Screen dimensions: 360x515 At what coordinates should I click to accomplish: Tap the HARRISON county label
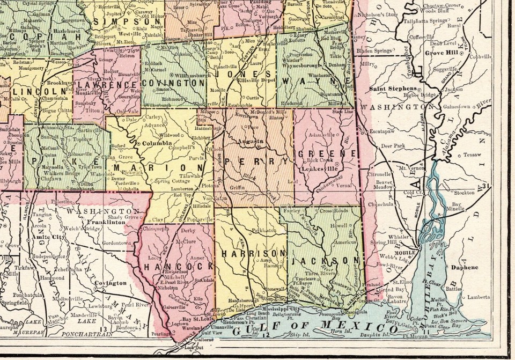point(251,253)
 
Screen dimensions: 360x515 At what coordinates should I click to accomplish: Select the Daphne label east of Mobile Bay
point(463,267)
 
